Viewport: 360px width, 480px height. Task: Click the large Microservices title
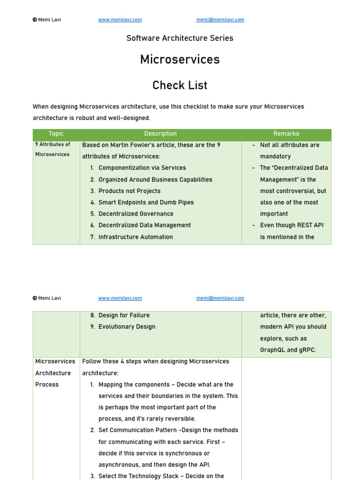(x=180, y=60)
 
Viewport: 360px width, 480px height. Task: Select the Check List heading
(x=180, y=85)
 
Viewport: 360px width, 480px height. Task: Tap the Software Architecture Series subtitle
(x=180, y=38)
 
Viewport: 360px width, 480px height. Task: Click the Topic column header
(x=56, y=134)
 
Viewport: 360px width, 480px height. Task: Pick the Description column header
(x=160, y=134)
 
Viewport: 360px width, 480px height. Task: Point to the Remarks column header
(x=286, y=134)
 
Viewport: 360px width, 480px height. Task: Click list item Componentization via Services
(x=142, y=168)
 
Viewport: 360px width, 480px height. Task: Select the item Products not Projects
(x=129, y=191)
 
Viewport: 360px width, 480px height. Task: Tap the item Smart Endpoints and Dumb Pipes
(x=146, y=202)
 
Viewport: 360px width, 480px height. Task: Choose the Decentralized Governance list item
(x=136, y=214)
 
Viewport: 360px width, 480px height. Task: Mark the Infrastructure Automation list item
(x=135, y=237)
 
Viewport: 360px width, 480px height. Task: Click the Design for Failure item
(x=124, y=315)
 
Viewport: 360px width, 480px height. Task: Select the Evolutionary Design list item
(x=127, y=327)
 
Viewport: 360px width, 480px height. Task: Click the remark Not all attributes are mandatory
(x=289, y=150)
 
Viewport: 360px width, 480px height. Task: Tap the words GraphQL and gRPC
(x=288, y=350)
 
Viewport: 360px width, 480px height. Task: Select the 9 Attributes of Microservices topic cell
(x=53, y=149)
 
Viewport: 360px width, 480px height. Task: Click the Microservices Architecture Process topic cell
(x=55, y=373)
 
